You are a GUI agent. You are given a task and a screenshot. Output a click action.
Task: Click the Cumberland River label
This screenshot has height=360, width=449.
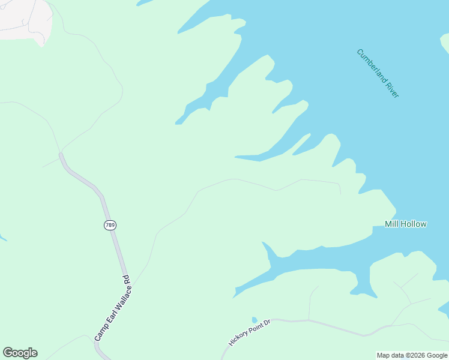(x=378, y=73)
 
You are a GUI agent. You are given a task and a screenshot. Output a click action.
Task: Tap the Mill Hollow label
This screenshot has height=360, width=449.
(x=405, y=224)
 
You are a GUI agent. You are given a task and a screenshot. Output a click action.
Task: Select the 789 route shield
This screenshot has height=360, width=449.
(x=109, y=225)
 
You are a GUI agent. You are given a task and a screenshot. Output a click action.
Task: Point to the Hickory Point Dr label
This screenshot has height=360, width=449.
(x=250, y=332)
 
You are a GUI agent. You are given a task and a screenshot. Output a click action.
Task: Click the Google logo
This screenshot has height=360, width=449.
(x=20, y=352)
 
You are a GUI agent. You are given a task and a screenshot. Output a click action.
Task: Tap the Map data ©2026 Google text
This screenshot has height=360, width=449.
(x=412, y=355)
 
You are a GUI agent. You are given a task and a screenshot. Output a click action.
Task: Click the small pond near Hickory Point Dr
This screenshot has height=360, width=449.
(x=255, y=320)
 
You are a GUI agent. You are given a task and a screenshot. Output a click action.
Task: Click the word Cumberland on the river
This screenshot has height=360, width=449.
(x=370, y=64)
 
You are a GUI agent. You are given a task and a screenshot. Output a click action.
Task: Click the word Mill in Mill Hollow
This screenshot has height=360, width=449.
(x=391, y=224)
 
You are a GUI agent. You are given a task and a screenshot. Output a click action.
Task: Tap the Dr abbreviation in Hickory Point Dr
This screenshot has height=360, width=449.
(x=268, y=323)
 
